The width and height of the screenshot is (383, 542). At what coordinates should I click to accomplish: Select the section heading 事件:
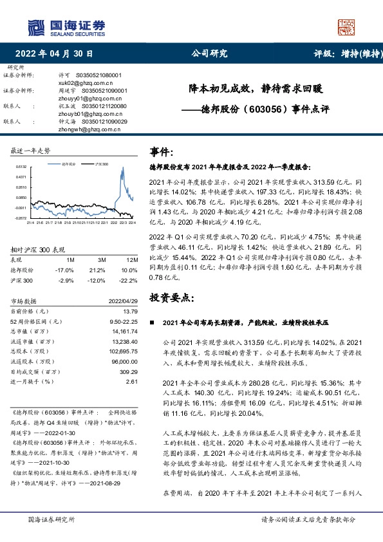point(162,153)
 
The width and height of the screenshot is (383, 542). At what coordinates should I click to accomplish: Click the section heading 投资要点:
point(171,297)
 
